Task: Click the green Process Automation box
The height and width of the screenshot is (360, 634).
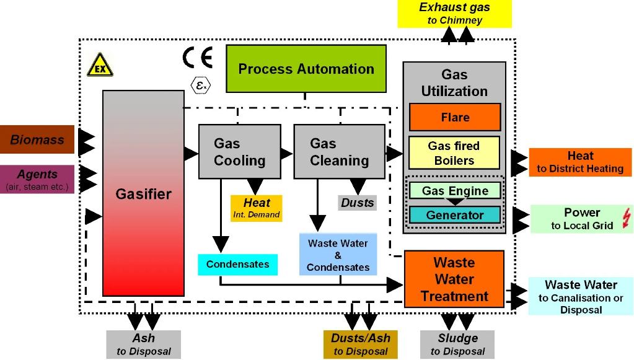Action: point(306,69)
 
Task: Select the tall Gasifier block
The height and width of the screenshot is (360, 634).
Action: point(143,193)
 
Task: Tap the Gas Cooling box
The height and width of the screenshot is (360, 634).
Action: point(239,152)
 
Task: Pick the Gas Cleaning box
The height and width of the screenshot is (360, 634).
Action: point(339,152)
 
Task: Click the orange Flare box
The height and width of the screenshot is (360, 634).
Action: point(454,117)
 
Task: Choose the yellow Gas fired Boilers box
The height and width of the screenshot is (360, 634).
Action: point(454,152)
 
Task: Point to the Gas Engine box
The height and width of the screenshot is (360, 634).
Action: point(454,190)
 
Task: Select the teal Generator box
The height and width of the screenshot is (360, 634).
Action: point(454,215)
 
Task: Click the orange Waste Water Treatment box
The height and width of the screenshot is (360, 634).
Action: point(454,279)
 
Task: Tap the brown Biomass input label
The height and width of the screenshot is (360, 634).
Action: point(37,140)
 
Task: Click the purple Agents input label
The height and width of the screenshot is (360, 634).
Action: point(37,178)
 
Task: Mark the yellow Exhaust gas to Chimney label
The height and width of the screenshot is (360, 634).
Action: point(456,14)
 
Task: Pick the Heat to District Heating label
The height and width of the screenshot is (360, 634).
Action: point(580,162)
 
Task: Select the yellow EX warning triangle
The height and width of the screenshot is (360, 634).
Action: point(100,66)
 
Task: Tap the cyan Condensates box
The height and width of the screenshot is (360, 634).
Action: point(237,265)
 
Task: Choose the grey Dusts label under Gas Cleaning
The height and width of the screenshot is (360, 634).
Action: point(358,203)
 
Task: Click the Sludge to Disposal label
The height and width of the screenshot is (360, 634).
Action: point(457,344)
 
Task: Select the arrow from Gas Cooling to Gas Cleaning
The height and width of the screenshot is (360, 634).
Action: point(286,153)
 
